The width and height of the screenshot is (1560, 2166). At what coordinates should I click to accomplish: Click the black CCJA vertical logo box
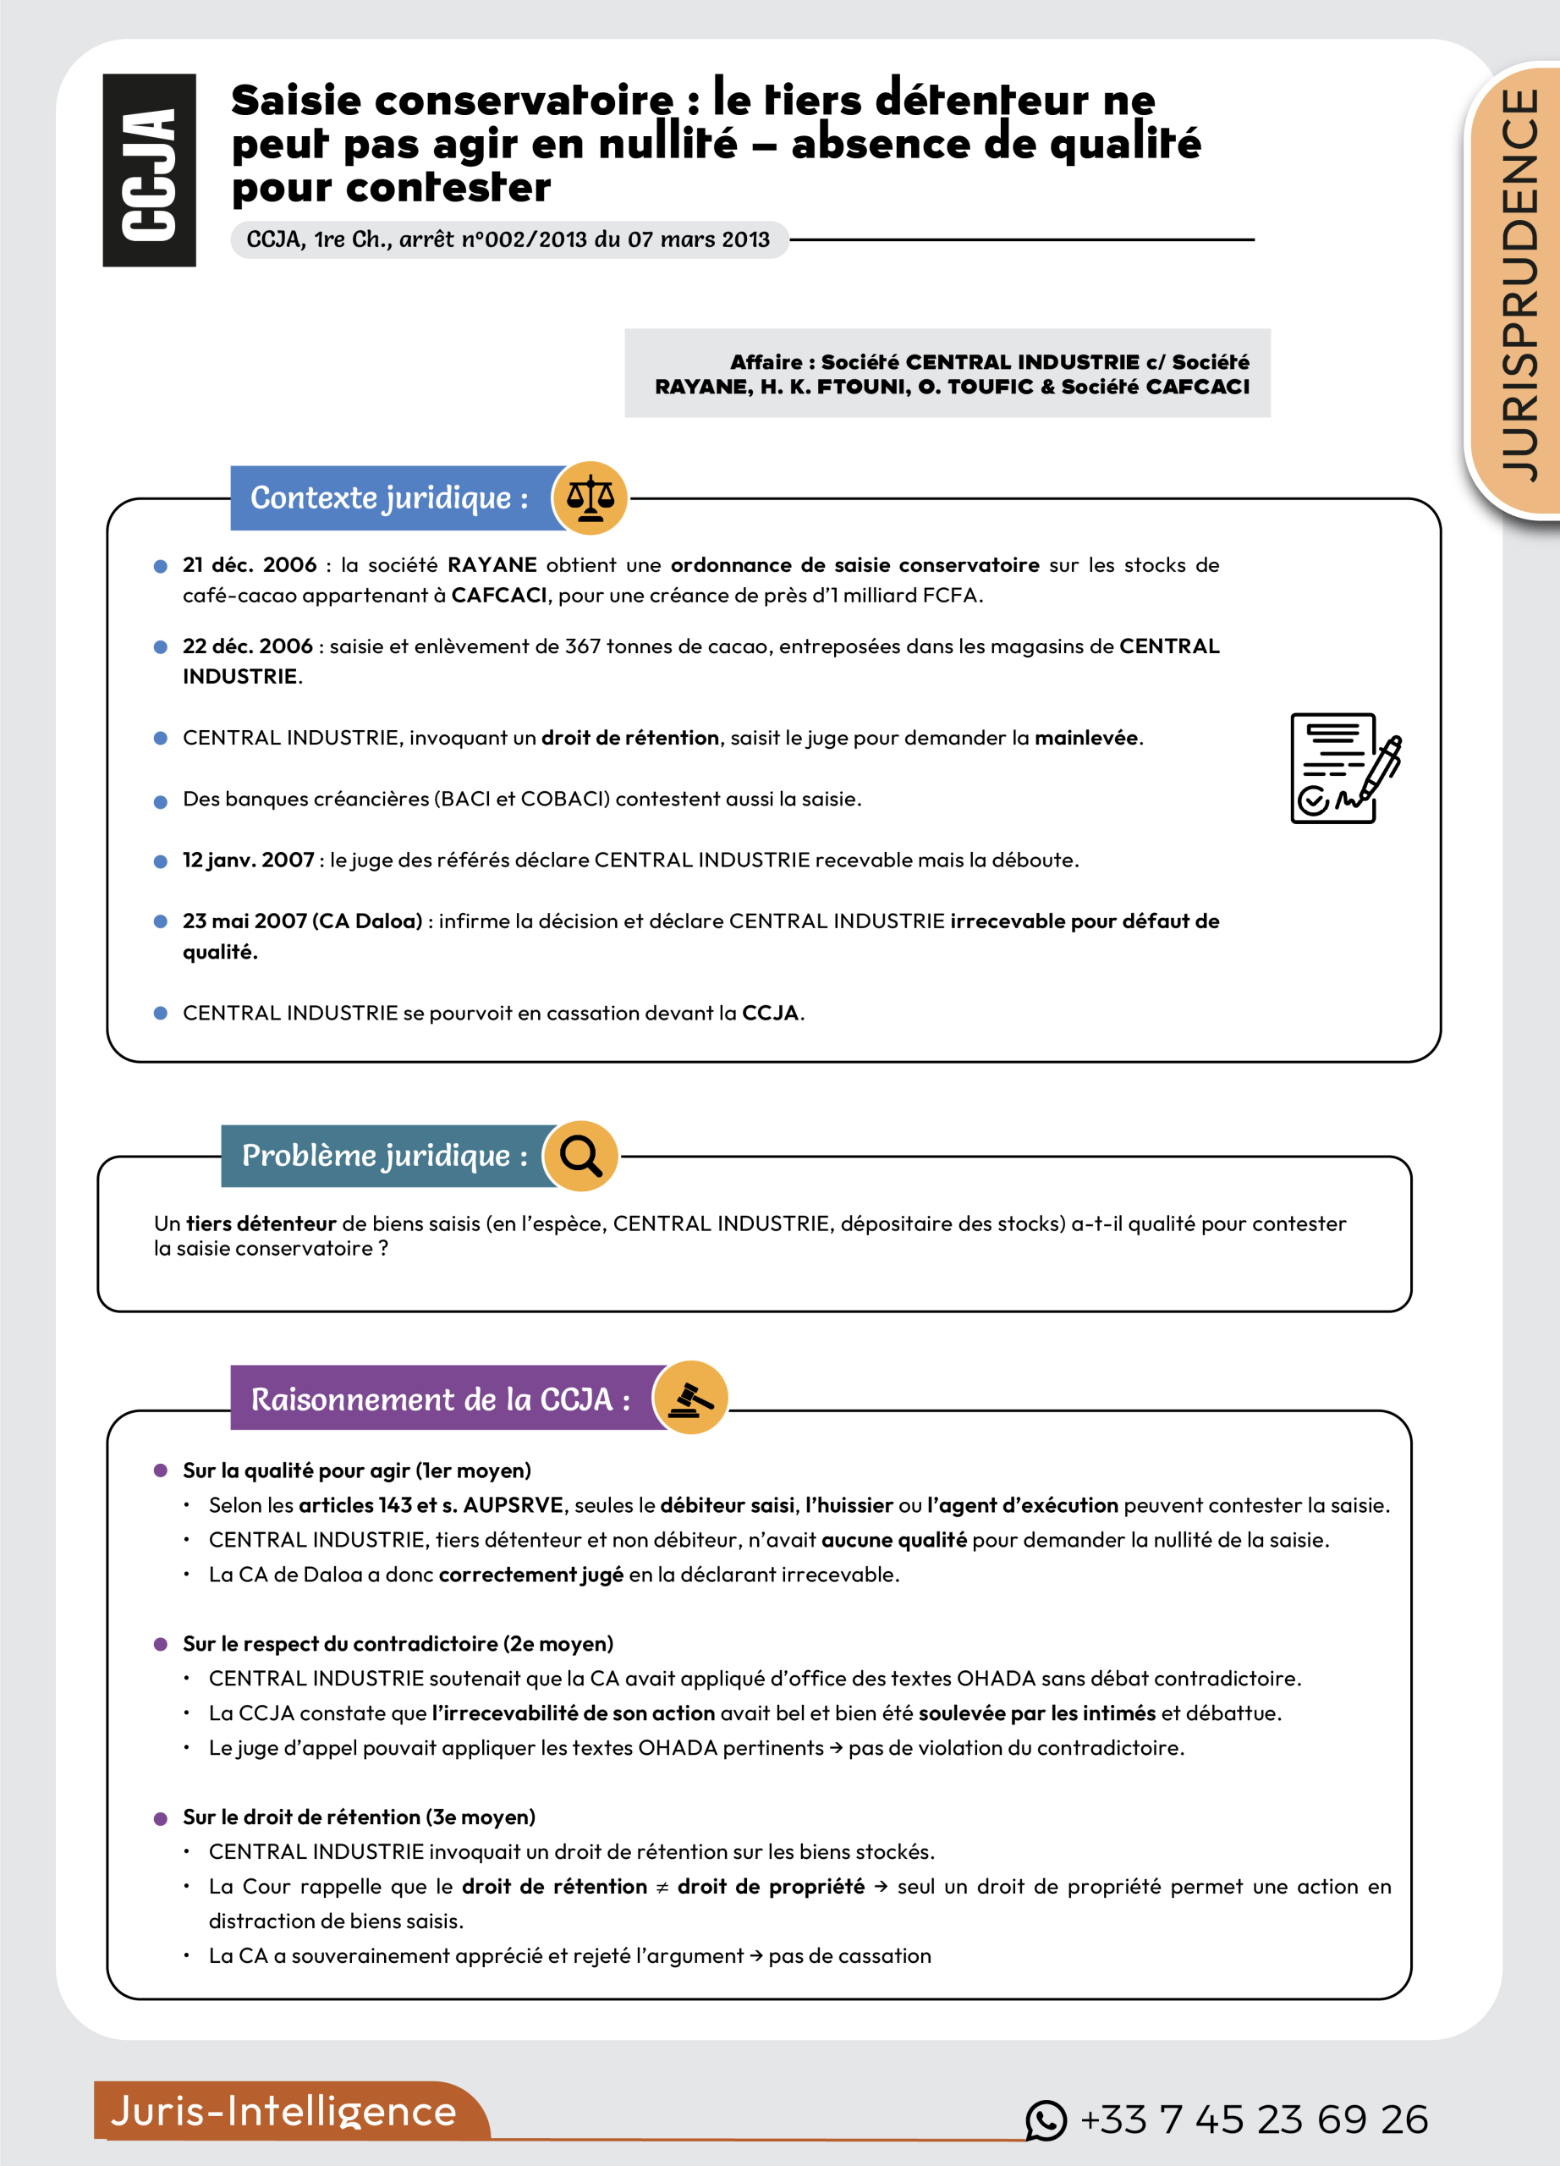[149, 170]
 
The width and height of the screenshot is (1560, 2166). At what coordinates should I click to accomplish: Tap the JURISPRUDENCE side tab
[1519, 287]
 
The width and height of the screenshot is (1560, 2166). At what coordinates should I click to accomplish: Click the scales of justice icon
[590, 498]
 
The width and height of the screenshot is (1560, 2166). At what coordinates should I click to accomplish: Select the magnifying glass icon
[580, 1156]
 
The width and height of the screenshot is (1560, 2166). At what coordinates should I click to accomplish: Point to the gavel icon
[690, 1398]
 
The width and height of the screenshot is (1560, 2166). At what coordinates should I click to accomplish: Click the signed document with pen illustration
[1345, 768]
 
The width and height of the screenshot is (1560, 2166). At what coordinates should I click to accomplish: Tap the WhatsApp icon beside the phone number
[1046, 2120]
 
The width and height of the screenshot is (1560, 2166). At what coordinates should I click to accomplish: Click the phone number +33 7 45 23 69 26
[1254, 2120]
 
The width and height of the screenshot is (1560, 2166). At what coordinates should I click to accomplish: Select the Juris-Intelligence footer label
[283, 2111]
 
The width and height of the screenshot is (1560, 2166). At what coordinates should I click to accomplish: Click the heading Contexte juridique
[389, 498]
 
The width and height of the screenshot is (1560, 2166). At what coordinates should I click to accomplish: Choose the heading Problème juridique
[384, 1156]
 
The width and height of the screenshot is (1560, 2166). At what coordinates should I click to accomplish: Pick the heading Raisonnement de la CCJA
[440, 1399]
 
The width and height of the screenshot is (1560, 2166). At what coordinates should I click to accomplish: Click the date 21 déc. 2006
[250, 564]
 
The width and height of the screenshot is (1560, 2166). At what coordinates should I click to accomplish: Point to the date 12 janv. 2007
[248, 860]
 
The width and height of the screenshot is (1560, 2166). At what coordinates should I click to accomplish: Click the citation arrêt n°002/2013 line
[508, 239]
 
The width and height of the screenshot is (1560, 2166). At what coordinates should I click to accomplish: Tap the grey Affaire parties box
[947, 373]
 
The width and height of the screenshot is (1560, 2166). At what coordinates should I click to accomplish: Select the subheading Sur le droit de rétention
[359, 1817]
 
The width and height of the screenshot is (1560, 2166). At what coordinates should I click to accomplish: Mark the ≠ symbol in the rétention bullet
[662, 1886]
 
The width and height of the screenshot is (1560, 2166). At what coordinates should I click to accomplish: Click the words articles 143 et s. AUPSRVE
[431, 1505]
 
